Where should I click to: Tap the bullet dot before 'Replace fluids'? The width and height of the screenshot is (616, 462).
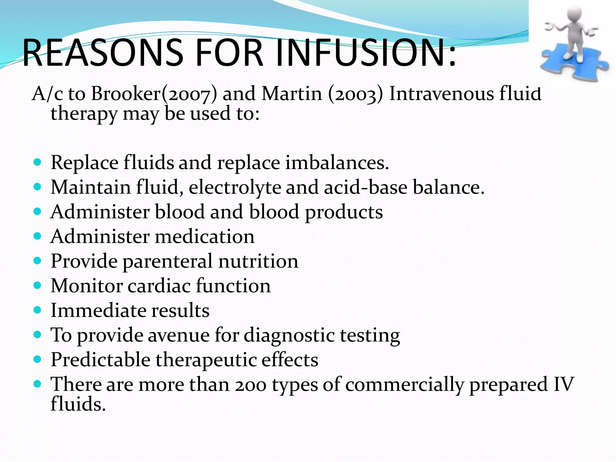(37, 163)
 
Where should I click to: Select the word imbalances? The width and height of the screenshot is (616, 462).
(337, 163)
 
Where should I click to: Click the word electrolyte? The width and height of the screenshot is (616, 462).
(235, 187)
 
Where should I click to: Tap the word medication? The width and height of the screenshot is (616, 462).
(205, 237)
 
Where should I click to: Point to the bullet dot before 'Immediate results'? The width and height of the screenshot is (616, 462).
(37, 310)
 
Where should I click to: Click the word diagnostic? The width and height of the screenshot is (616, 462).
(289, 335)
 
